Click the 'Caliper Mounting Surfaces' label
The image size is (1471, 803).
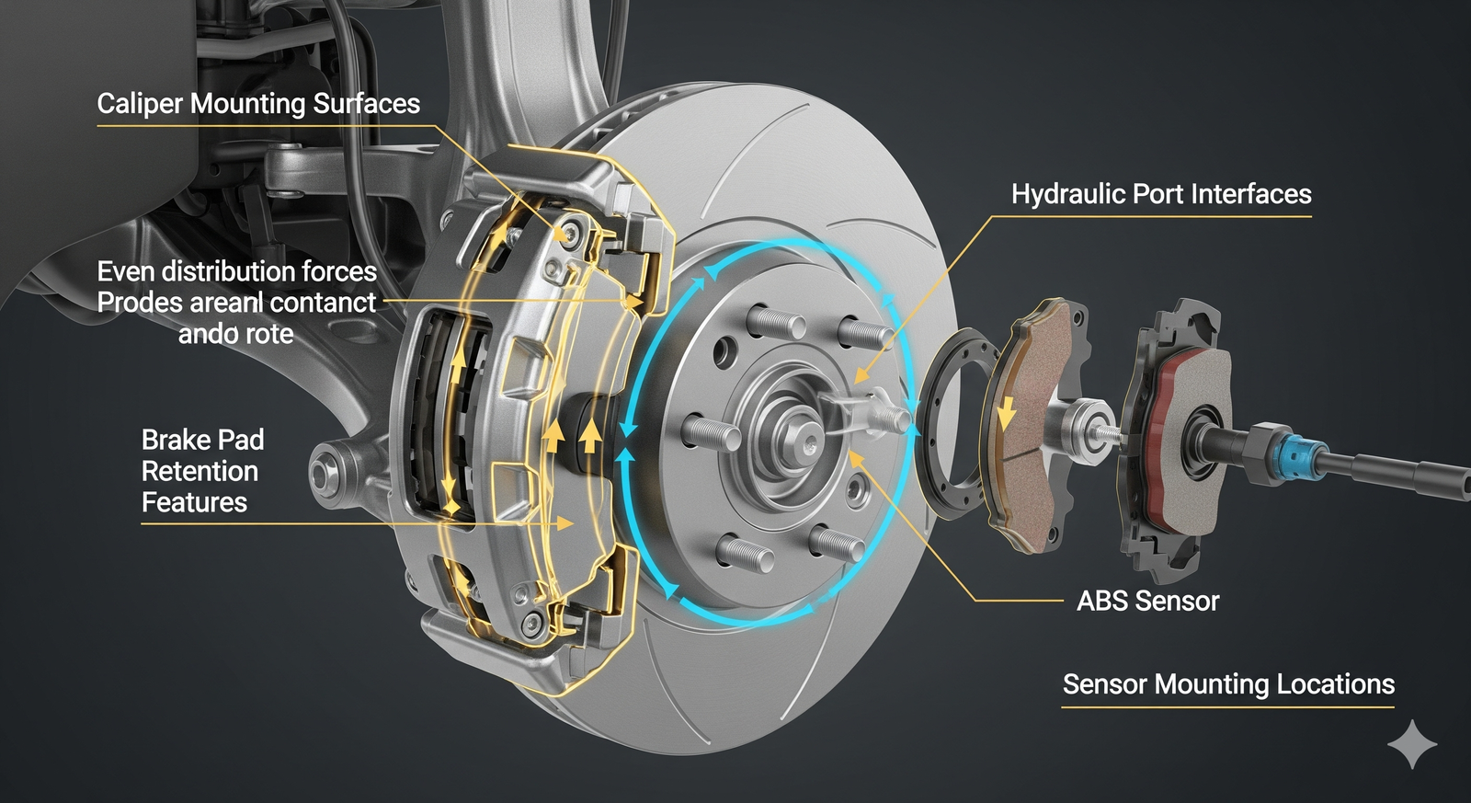pyautogui.click(x=258, y=104)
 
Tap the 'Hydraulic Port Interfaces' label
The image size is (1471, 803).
pyautogui.click(x=1160, y=194)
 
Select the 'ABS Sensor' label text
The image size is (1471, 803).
pyautogui.click(x=1147, y=602)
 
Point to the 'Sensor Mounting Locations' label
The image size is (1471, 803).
pyautogui.click(x=1227, y=684)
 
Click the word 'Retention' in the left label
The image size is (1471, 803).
pyautogui.click(x=200, y=472)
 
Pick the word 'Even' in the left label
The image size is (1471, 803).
pyautogui.click(x=126, y=271)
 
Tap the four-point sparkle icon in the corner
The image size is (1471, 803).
pyautogui.click(x=1411, y=744)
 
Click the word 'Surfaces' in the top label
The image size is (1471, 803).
pyautogui.click(x=366, y=104)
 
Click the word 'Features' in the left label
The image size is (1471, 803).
pyautogui.click(x=194, y=503)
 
